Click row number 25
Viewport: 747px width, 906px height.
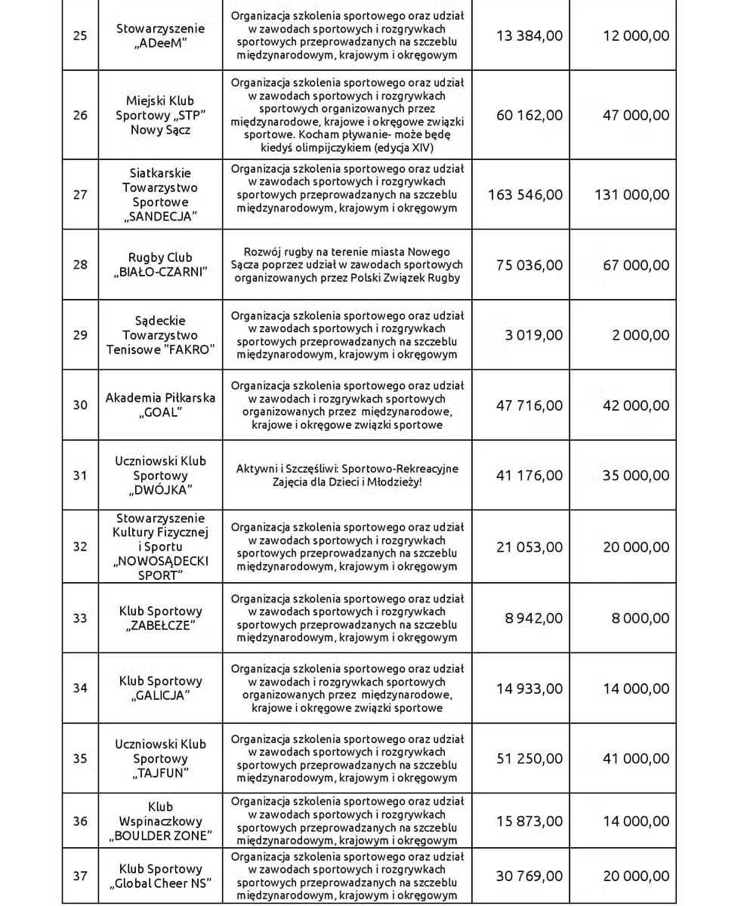click(x=80, y=35)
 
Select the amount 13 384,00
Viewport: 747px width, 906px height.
click(x=529, y=35)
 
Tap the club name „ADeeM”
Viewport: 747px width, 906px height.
click(x=160, y=43)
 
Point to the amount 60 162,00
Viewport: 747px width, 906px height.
click(x=529, y=115)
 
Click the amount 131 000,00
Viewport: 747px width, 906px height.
click(x=631, y=194)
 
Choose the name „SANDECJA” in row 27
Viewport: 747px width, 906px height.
click(x=160, y=217)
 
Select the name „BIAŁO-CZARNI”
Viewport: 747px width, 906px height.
click(x=160, y=272)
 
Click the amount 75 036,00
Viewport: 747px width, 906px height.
click(x=529, y=264)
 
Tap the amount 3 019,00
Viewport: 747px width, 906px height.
click(x=534, y=335)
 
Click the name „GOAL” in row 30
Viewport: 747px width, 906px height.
click(x=160, y=412)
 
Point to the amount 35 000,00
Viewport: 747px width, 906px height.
click(x=636, y=475)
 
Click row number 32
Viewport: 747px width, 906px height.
click(x=80, y=546)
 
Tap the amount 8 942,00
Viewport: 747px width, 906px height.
click(x=534, y=618)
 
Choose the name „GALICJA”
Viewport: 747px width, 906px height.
click(x=160, y=695)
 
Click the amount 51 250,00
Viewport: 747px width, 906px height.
click(x=529, y=759)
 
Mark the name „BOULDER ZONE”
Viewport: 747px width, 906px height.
click(x=160, y=836)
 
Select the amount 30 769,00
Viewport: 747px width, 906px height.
click(x=529, y=876)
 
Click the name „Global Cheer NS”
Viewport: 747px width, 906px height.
click(x=160, y=883)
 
